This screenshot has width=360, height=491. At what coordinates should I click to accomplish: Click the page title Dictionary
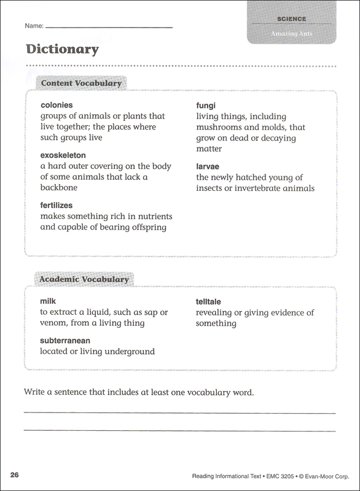click(62, 49)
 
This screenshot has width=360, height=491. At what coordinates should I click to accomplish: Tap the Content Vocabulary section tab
click(80, 83)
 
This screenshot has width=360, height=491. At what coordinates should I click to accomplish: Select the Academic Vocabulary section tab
click(84, 279)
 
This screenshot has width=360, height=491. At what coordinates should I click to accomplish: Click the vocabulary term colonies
click(57, 105)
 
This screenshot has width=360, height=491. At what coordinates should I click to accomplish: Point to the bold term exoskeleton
click(63, 156)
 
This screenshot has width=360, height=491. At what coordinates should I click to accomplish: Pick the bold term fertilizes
click(57, 206)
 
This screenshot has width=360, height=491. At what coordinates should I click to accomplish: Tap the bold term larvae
click(209, 166)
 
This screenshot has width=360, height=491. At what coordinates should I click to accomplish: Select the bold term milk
click(49, 301)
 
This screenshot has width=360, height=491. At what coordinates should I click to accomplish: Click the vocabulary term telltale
click(209, 302)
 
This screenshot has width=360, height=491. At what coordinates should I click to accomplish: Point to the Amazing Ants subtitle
click(291, 33)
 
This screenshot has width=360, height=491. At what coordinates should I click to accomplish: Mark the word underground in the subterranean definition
click(128, 352)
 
